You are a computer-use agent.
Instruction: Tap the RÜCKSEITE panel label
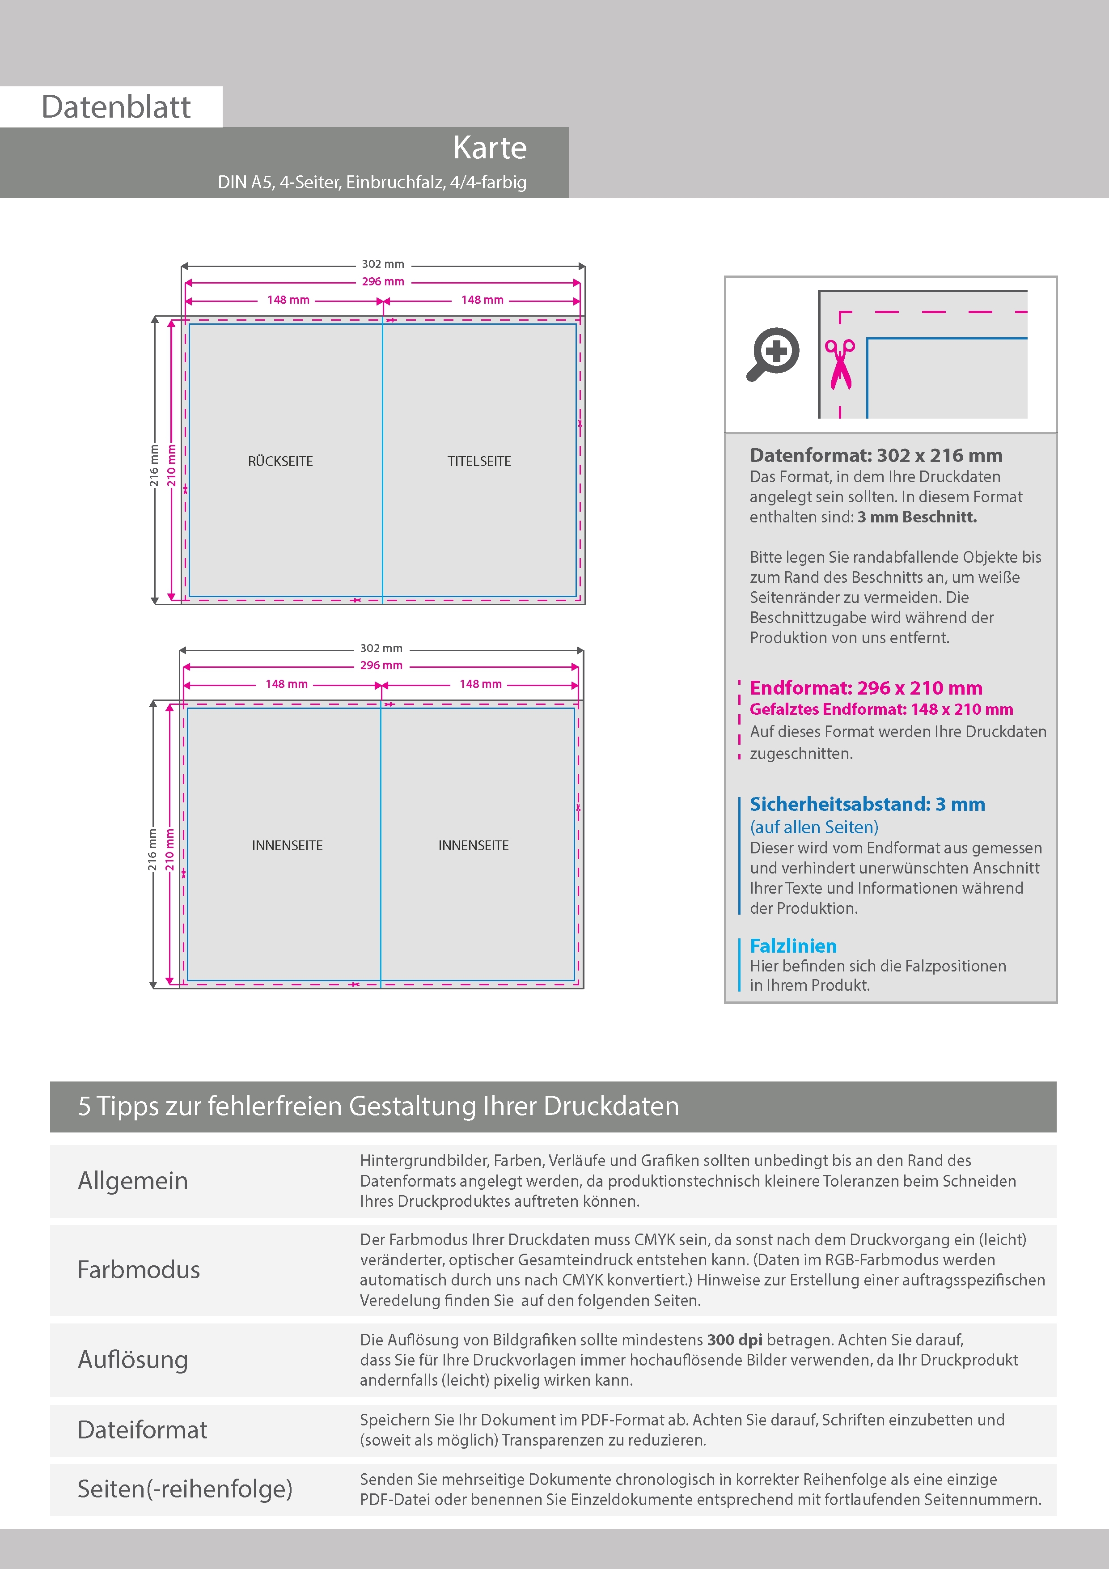[x=280, y=461]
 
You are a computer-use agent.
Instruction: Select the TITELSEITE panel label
[x=479, y=461]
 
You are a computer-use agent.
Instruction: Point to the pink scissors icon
[x=840, y=364]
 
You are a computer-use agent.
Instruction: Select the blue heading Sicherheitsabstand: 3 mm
[x=867, y=804]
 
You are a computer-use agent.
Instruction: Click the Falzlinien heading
[x=793, y=946]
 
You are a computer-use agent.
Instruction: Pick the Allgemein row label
[x=132, y=1181]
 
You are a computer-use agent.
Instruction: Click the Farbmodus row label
[x=139, y=1270]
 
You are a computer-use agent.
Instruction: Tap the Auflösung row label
[x=132, y=1359]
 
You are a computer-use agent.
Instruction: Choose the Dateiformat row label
[x=142, y=1429]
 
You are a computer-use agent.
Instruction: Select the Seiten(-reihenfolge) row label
[x=185, y=1488]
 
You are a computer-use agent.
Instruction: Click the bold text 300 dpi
[x=735, y=1340]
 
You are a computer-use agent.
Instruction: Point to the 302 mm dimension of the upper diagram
[x=383, y=264]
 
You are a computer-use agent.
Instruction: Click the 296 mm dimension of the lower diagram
[x=381, y=665]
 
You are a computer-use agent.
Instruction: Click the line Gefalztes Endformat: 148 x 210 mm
[x=881, y=709]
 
